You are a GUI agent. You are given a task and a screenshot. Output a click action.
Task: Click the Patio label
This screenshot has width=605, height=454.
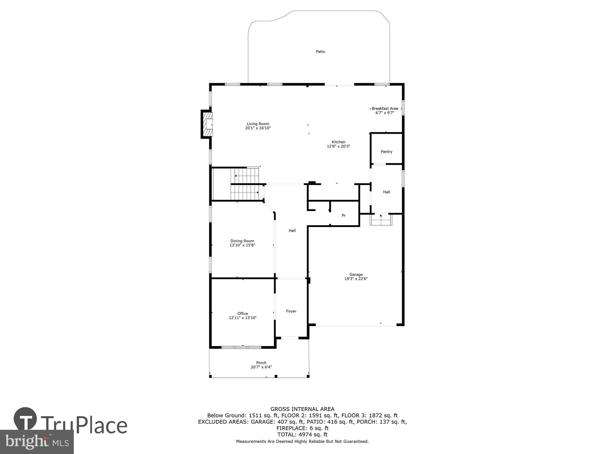[x=320, y=52]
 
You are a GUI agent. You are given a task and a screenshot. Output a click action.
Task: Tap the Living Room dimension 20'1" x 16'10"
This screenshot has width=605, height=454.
[x=258, y=128]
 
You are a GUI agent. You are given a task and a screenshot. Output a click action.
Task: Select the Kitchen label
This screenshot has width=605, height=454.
[x=338, y=142]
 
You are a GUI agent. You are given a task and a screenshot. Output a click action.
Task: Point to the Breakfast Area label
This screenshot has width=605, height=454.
[x=384, y=108]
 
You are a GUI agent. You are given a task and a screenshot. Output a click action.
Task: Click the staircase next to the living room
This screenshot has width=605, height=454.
[x=245, y=184]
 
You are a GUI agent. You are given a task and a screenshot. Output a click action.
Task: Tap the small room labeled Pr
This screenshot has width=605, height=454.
[x=344, y=215]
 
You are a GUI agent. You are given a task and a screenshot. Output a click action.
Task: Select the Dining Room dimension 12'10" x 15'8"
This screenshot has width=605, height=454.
[x=242, y=245]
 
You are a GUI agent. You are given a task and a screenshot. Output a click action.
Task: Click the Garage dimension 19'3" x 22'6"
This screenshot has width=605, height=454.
[x=356, y=279]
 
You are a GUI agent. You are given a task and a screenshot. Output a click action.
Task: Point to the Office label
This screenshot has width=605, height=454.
[x=243, y=314]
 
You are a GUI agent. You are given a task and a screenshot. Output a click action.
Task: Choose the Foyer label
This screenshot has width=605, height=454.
[x=291, y=311]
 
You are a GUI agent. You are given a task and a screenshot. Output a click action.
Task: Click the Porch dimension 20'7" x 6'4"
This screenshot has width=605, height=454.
[x=261, y=367]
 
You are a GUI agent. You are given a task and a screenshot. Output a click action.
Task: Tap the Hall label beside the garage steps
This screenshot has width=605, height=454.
[x=386, y=192]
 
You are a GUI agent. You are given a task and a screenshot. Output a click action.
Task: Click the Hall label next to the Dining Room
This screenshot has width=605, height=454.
[x=292, y=231]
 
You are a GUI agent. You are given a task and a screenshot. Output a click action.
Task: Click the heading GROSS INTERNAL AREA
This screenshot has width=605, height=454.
[x=302, y=409]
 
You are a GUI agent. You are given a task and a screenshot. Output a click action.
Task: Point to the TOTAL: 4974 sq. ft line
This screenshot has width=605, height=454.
[x=302, y=434]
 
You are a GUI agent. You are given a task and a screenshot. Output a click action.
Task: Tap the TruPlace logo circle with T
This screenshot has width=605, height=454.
[x=25, y=419]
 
